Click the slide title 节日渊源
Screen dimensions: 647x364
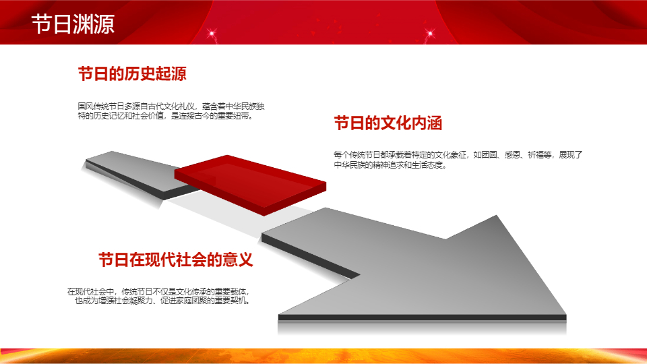pos(73,24)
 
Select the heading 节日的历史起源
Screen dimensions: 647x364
pos(132,74)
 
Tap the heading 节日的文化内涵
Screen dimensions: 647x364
pos(388,123)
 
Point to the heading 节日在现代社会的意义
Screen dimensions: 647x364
pos(175,260)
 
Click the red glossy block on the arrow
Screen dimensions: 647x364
pos(250,185)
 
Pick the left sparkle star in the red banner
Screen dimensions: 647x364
pos(212,33)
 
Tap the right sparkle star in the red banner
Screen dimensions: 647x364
pos(430,33)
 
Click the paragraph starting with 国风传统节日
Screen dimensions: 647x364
pos(171,111)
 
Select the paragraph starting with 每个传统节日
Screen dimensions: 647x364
pos(458,160)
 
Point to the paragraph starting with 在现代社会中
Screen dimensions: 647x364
pos(159,297)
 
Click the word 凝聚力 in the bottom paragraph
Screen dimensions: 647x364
pos(141,301)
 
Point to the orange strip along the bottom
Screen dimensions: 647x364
pos(323,356)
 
